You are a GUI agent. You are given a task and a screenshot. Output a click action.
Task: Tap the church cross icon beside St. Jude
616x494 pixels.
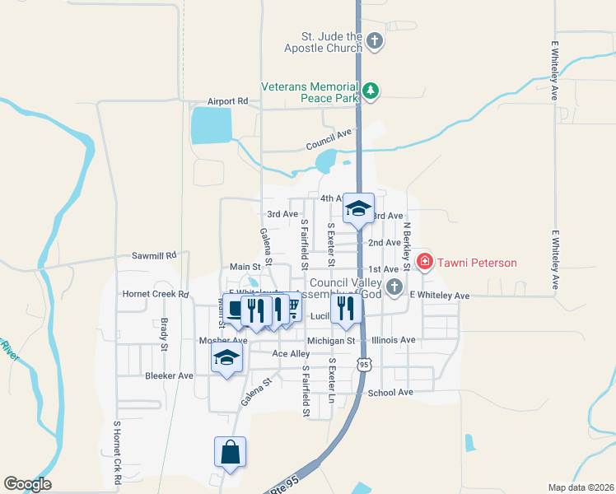pos(374,40)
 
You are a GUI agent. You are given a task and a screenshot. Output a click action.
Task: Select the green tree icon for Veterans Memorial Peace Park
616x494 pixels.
pos(371,91)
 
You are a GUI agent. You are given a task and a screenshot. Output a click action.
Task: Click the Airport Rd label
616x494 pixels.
pos(228,101)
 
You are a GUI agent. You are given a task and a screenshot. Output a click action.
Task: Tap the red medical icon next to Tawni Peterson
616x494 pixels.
pos(425,263)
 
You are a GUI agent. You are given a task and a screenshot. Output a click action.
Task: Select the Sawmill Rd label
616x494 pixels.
pos(155,256)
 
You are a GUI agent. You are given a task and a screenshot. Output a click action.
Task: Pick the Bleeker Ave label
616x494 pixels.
pos(169,375)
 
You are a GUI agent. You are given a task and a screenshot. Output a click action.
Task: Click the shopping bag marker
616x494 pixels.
pos(230,452)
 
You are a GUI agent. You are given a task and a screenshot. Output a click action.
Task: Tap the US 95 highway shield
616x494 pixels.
pos(363,363)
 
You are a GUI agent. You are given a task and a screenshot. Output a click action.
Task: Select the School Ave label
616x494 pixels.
pos(390,393)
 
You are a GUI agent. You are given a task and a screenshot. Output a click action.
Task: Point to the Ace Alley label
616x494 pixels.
pos(292,354)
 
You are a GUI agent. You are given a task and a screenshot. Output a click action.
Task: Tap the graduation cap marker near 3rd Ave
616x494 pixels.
pos(358,207)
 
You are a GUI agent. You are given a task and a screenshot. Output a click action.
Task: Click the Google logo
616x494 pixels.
pos(27,484)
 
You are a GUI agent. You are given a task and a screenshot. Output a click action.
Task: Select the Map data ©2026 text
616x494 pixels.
pos(581,487)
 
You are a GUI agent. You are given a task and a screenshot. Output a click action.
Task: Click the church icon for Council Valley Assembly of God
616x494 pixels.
pos(394,287)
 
